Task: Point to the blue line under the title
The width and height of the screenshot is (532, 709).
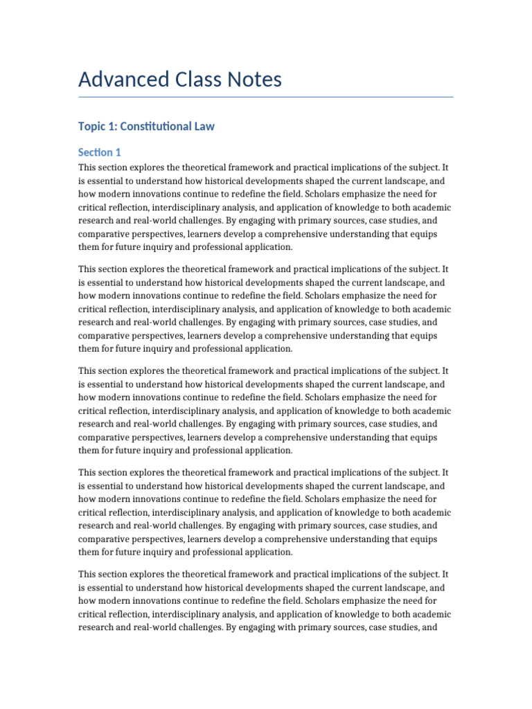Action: click(x=266, y=97)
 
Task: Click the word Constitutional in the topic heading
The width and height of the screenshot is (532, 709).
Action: click(x=157, y=126)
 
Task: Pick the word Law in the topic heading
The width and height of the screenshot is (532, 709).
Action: click(x=204, y=126)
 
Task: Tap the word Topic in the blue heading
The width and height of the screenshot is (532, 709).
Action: click(x=93, y=126)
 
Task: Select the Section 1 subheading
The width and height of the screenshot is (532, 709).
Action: click(x=100, y=152)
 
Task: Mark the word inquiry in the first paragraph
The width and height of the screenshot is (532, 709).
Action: click(x=182, y=246)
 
